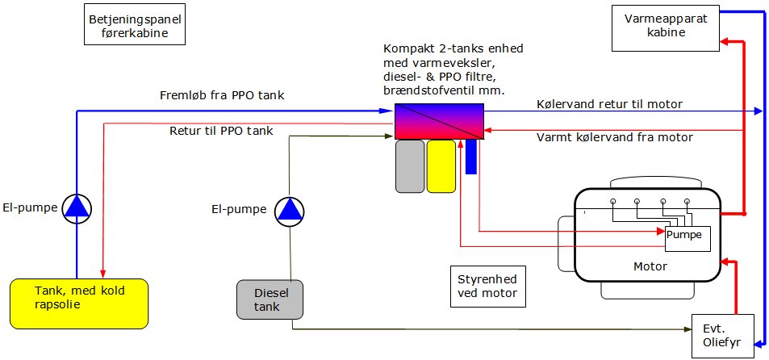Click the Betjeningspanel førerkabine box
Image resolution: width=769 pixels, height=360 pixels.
click(x=135, y=25)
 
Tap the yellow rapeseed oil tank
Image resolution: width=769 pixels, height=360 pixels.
click(x=79, y=303)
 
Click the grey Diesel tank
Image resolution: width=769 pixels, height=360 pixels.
click(x=270, y=299)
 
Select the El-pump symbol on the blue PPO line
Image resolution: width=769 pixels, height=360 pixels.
click(x=77, y=209)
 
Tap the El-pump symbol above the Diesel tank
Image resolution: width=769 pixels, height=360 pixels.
click(x=290, y=211)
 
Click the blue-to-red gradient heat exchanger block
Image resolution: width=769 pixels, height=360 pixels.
click(x=440, y=121)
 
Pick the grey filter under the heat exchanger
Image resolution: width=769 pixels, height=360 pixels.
click(x=410, y=166)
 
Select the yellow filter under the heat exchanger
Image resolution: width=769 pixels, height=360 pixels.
click(x=441, y=166)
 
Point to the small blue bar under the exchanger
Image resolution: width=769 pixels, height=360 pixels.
click(x=470, y=157)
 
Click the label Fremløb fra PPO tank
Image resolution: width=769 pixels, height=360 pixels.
click(x=222, y=95)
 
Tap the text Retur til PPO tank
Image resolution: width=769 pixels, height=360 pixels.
click(x=221, y=131)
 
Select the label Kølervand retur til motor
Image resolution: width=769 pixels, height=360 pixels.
click(x=609, y=103)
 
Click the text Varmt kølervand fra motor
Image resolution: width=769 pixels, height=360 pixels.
click(x=615, y=137)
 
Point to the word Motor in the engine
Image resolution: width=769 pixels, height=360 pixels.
click(x=650, y=267)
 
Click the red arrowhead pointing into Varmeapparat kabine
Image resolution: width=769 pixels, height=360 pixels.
click(x=725, y=42)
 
